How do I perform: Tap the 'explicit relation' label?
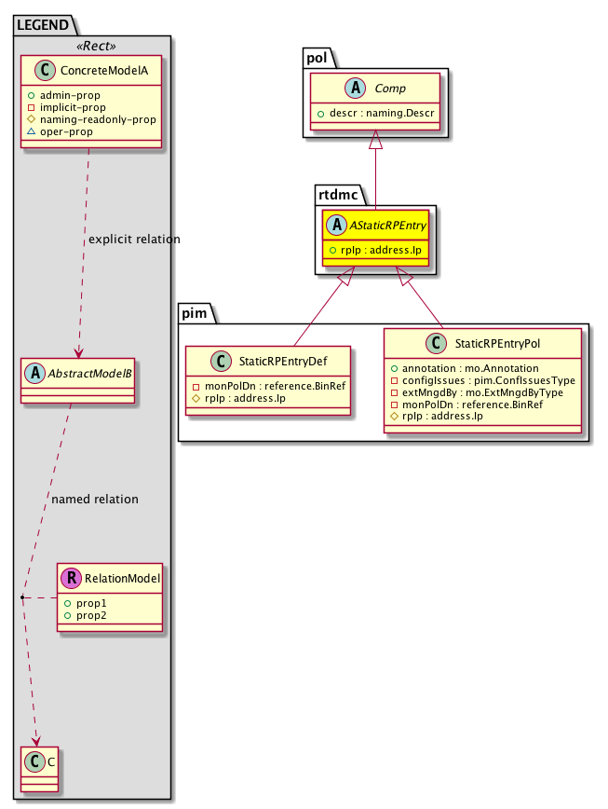pos(134,240)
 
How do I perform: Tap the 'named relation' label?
pos(95,500)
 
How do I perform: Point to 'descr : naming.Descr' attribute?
pos(377,114)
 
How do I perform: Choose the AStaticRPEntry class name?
pos(385,226)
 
